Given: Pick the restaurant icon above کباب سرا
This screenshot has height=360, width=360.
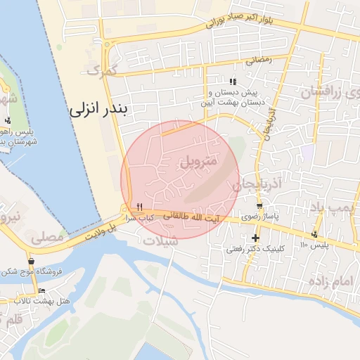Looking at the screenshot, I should [x=140, y=207].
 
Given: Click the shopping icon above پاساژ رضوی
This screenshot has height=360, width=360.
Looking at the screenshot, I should [x=259, y=207].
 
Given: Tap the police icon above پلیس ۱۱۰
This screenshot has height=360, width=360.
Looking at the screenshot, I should [x=314, y=234].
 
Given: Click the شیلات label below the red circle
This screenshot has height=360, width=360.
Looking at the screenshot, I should [x=161, y=240].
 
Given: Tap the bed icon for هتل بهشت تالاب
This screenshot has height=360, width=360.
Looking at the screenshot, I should [x=41, y=290].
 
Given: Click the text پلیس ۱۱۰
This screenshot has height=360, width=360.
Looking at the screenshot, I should [x=314, y=245].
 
